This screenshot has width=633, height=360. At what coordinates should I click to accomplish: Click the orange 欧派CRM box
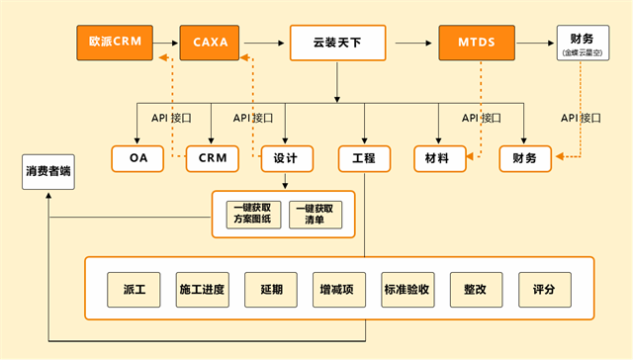(x=117, y=43)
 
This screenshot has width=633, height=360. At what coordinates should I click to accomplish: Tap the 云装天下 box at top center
(x=337, y=43)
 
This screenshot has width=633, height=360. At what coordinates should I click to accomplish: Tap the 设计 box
(x=286, y=158)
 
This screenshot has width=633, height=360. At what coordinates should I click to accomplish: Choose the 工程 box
(x=364, y=158)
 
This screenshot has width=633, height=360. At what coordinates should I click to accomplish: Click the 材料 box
(x=438, y=158)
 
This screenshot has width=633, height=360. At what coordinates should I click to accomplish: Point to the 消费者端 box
(x=47, y=172)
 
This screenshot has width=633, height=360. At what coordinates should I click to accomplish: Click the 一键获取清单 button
(x=321, y=215)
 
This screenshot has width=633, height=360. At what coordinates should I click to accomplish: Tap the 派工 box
(x=134, y=290)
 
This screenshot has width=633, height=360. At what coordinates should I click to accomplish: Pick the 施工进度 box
(x=202, y=290)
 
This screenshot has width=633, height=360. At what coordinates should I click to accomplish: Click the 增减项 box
(x=338, y=290)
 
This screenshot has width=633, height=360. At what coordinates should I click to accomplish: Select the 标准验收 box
(x=407, y=290)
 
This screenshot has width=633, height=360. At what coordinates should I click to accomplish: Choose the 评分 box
(x=544, y=290)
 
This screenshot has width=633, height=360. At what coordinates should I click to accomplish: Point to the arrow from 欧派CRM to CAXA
(x=167, y=43)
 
